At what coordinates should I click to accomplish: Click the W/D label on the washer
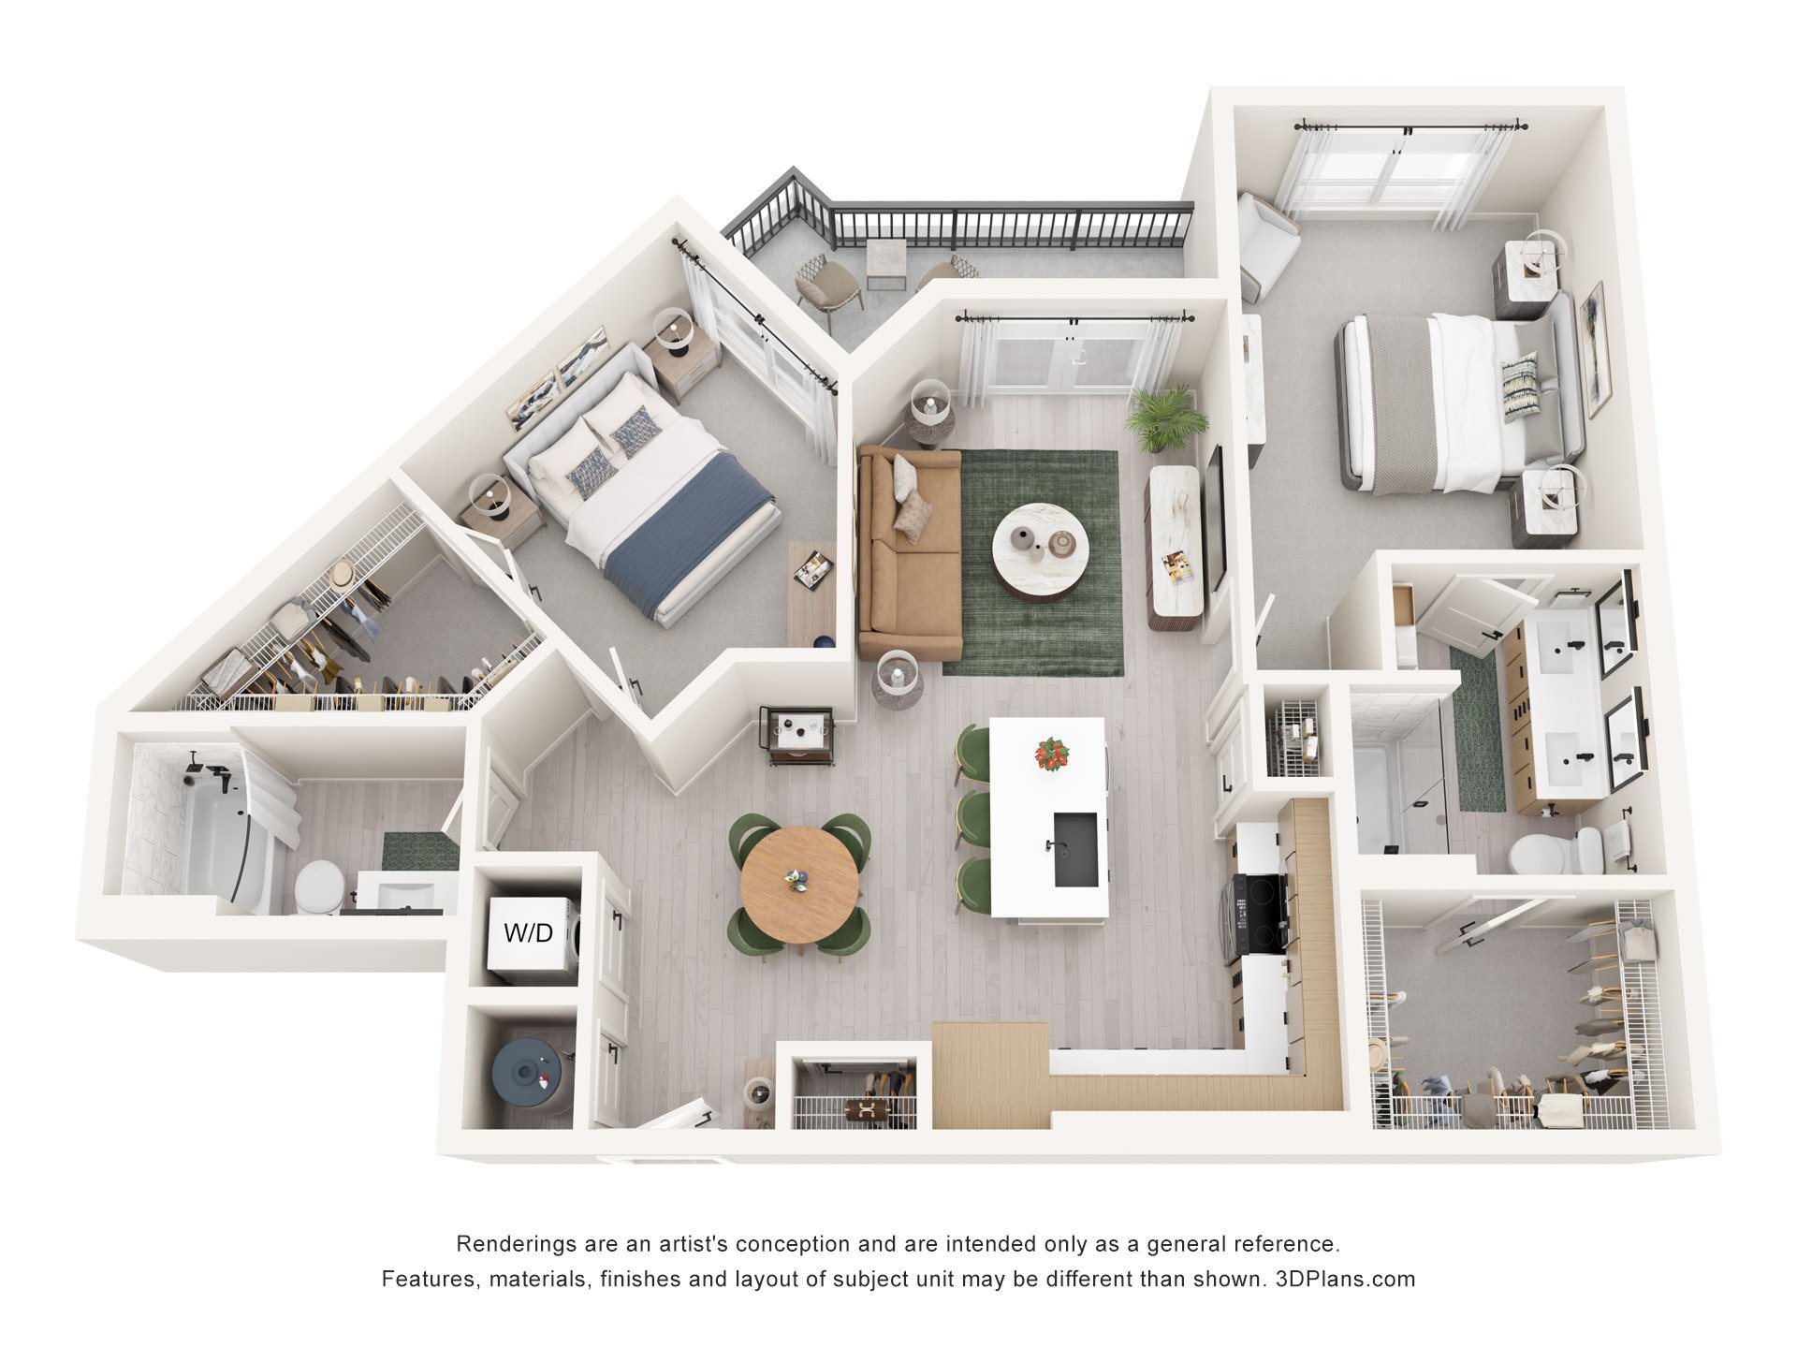529,932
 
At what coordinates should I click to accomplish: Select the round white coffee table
1040,548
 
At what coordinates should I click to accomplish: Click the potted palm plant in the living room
1164,418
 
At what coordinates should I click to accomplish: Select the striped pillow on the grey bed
1520,387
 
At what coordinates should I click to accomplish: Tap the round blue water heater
529,1075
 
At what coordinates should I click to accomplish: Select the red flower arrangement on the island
1051,753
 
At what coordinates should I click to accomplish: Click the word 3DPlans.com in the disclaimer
1345,1279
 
